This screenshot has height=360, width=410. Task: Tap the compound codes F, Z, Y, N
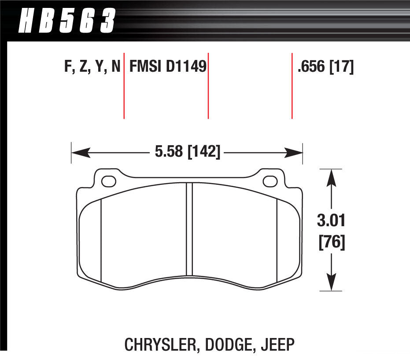[x=92, y=67]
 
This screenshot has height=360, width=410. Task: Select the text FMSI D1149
[x=167, y=67]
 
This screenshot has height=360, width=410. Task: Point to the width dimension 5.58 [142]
[x=187, y=153]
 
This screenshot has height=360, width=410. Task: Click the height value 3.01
[x=331, y=220]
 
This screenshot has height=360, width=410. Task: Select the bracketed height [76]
[x=331, y=242]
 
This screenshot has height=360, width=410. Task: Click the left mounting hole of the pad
[x=108, y=181]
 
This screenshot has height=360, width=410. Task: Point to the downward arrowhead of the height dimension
[x=331, y=282]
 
